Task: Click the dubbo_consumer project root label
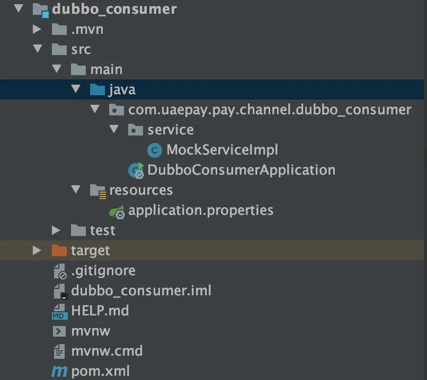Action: (x=114, y=10)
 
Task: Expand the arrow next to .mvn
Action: (x=37, y=30)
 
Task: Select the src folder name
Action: (x=81, y=50)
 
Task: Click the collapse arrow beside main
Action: (x=56, y=70)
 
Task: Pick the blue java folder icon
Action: (x=97, y=89)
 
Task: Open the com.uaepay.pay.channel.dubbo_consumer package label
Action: (x=269, y=110)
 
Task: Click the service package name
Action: (x=170, y=130)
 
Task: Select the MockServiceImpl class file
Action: (x=222, y=150)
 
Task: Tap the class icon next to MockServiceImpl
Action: (x=154, y=150)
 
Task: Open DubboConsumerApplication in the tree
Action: (x=241, y=170)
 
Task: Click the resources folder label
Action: (x=140, y=190)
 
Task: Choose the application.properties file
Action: (x=201, y=210)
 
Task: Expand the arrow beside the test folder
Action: (x=56, y=230)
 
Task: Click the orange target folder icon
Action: (x=59, y=250)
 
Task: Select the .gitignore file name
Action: (x=103, y=270)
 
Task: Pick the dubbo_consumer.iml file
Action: (x=141, y=291)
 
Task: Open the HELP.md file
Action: (x=100, y=311)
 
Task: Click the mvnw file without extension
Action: (x=91, y=331)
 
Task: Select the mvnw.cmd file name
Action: (x=106, y=351)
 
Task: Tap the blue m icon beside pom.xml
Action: (x=59, y=372)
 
